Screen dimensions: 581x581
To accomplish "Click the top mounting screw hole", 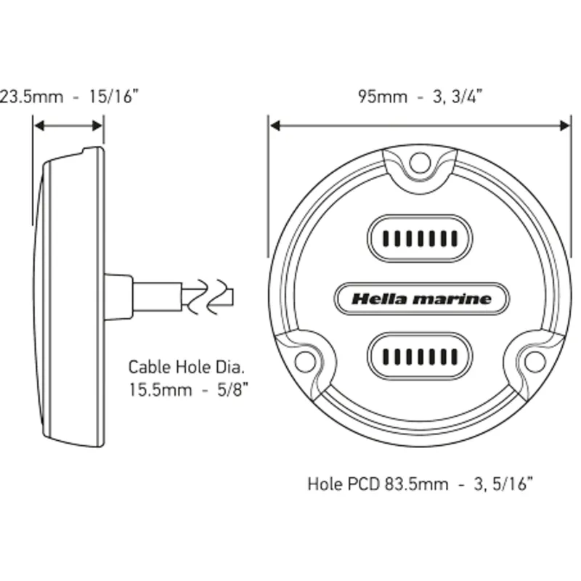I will pyautogui.click(x=419, y=163).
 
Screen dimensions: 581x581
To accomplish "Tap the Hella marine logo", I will pyautogui.click(x=421, y=298).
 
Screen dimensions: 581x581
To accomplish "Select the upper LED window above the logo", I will pyautogui.click(x=419, y=237).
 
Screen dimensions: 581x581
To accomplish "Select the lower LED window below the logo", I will pyautogui.click(x=419, y=357).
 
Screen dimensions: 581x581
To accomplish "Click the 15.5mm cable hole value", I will pyautogui.click(x=161, y=389).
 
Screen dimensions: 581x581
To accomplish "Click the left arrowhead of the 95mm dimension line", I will pyautogui.click(x=275, y=126).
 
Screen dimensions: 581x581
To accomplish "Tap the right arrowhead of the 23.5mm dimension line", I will pyautogui.click(x=98, y=126).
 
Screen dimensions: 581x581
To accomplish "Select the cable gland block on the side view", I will pyautogui.click(x=118, y=296).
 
